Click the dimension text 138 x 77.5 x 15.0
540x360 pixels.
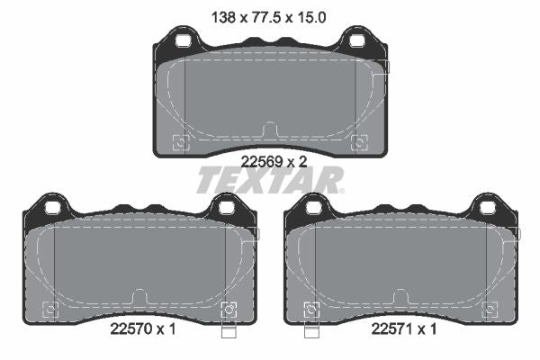pyautogui.click(x=268, y=17)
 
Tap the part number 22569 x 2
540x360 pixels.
pyautogui.click(x=274, y=161)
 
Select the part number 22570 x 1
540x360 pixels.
pyautogui.click(x=143, y=329)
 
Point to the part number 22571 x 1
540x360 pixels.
pyautogui.click(x=404, y=329)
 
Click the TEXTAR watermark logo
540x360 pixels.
pyautogui.click(x=270, y=180)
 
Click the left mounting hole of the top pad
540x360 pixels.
pyautogui.click(x=183, y=41)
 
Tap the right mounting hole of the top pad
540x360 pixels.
pyautogui.click(x=356, y=41)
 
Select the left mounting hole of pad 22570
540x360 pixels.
pyautogui.click(x=53, y=208)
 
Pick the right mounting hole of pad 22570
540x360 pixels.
pyautogui.click(x=227, y=208)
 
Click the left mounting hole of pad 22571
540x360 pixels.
pyautogui.click(x=314, y=208)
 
